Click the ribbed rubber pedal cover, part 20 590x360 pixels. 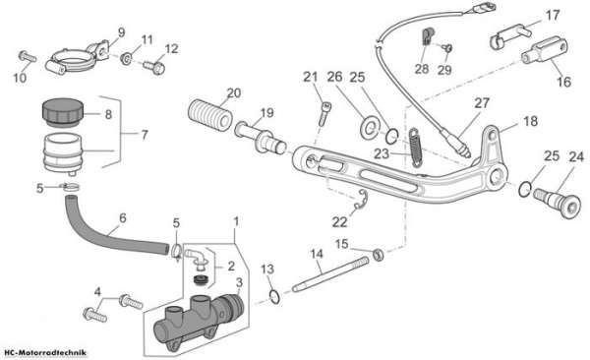(x=209, y=114)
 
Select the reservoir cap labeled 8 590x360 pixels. (x=62, y=112)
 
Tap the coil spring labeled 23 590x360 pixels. (x=415, y=148)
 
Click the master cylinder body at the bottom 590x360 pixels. (x=199, y=320)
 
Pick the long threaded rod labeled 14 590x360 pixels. (x=330, y=273)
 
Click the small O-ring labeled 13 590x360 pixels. (x=275, y=296)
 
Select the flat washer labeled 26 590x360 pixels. (x=370, y=127)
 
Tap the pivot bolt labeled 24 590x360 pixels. (x=558, y=203)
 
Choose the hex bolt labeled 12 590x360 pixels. (x=153, y=67)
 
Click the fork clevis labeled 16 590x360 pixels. (x=544, y=50)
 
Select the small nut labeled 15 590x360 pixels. (x=379, y=254)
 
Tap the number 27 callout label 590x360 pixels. (x=482, y=103)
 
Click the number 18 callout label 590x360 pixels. (x=531, y=121)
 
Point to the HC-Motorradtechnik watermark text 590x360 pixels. (x=44, y=353)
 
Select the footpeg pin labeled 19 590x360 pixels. (x=260, y=138)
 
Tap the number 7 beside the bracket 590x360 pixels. (x=145, y=135)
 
